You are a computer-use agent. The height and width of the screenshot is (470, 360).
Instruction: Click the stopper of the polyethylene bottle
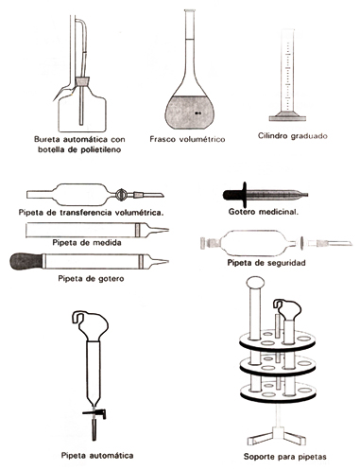[83, 82]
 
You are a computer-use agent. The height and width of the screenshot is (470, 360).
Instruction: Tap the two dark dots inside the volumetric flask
[197, 113]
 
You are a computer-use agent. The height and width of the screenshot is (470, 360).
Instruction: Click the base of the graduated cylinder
[287, 118]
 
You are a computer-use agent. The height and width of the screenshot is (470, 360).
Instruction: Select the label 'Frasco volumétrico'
[187, 139]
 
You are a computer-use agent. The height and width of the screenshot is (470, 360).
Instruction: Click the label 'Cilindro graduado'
[293, 136]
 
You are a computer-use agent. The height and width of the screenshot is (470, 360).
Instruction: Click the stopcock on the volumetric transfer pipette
[121, 195]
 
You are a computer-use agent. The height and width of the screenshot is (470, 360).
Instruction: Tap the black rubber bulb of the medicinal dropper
[234, 195]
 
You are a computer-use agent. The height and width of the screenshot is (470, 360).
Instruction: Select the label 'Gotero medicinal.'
[264, 212]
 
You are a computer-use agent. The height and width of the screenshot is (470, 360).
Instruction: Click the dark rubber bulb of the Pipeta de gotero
[26, 261]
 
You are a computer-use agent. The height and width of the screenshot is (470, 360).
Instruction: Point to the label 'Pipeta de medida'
[87, 243]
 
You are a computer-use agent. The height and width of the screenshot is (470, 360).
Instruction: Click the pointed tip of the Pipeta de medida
[168, 230]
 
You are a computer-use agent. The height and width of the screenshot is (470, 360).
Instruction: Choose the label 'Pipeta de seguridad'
[266, 263]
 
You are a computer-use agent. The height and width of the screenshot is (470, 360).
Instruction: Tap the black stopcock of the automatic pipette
[94, 413]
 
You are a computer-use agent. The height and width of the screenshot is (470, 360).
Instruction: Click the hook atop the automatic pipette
[77, 317]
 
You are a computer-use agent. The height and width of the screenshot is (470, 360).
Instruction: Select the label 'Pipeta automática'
[97, 456]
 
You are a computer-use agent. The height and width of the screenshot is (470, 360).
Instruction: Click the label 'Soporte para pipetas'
[285, 457]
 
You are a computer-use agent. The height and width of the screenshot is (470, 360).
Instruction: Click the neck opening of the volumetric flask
[189, 11]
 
